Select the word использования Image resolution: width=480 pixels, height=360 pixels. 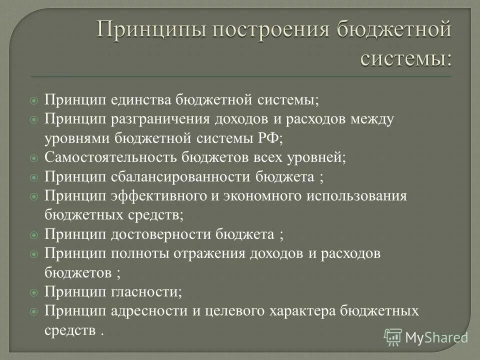[349, 195]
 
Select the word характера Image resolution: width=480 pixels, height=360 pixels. [302, 311]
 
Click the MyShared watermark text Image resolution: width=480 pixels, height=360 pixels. [436, 337]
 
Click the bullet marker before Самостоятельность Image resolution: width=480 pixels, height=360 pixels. [33, 158]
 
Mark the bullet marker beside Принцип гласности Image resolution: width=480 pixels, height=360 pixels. [33, 292]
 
